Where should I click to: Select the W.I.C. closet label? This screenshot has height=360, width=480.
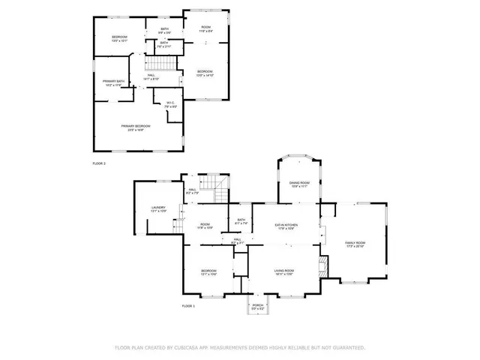[169, 104]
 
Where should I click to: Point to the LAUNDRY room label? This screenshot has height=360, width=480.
[158, 209]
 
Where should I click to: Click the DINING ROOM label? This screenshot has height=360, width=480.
[299, 184]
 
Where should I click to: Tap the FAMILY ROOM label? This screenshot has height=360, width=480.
[355, 244]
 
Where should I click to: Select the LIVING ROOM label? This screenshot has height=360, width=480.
[283, 271]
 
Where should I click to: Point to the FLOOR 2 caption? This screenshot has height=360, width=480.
[99, 163]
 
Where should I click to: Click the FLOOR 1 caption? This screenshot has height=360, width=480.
[188, 306]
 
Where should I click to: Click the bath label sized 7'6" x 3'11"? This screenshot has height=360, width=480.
[164, 44]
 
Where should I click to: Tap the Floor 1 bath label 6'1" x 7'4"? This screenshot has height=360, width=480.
[241, 222]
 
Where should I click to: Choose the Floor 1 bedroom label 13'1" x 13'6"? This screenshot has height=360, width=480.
[208, 272]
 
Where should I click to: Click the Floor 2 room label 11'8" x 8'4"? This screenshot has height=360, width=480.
[206, 28]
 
